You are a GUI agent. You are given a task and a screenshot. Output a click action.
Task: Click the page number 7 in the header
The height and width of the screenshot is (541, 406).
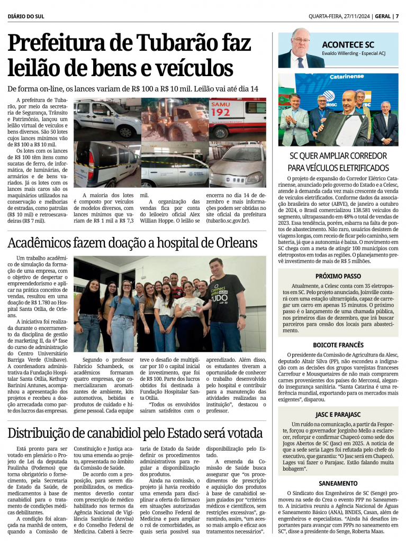pos(397,16)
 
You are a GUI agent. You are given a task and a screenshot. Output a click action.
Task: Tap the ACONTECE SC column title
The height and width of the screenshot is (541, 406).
pos(348,45)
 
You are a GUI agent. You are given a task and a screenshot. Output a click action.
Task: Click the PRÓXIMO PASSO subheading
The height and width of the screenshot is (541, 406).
pos(338,276)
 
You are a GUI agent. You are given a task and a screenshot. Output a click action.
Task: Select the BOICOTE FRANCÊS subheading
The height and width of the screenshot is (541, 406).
pos(338,344)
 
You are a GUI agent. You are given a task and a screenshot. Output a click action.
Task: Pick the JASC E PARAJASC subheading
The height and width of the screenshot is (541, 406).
pos(338,414)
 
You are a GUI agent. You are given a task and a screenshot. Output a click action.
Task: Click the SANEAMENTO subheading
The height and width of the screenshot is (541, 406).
pos(338,483)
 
